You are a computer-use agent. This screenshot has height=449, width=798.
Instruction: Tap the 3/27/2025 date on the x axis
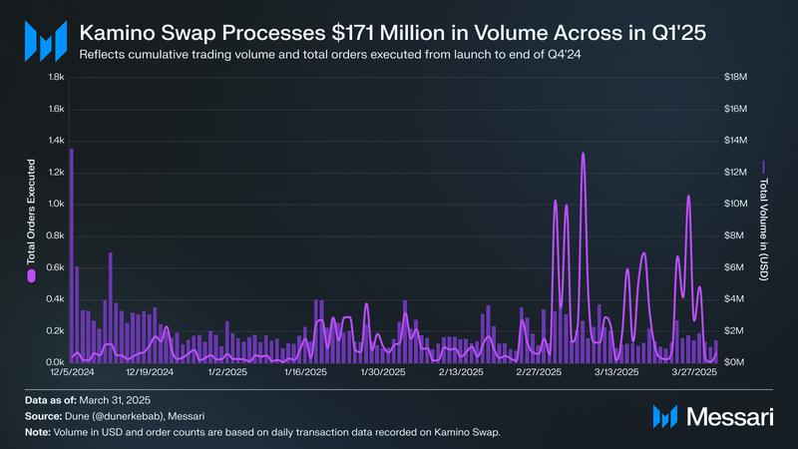[x=694, y=373]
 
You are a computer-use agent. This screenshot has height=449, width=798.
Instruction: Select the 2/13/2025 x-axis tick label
[x=459, y=373]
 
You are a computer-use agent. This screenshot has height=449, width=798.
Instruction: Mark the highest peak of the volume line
[x=583, y=154]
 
